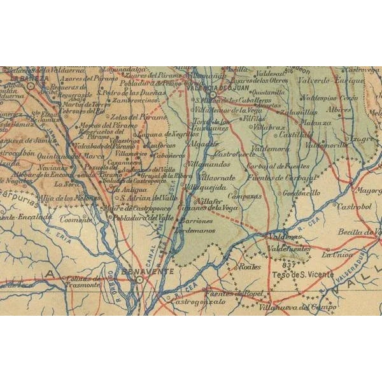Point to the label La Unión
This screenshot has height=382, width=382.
[x=336, y=255]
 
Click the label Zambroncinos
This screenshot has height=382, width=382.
[x=134, y=101]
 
